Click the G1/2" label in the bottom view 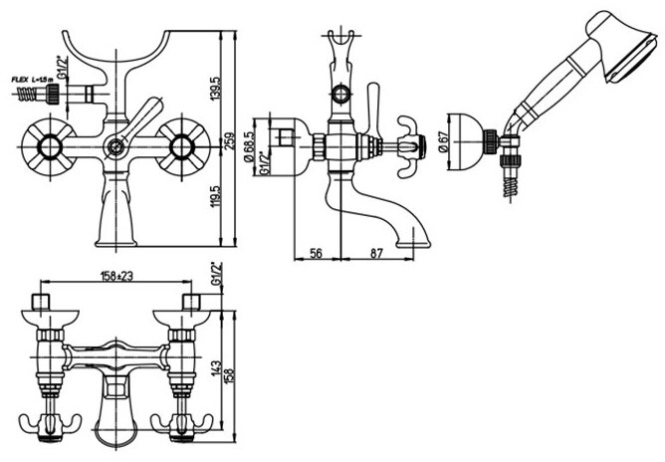[214, 273]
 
